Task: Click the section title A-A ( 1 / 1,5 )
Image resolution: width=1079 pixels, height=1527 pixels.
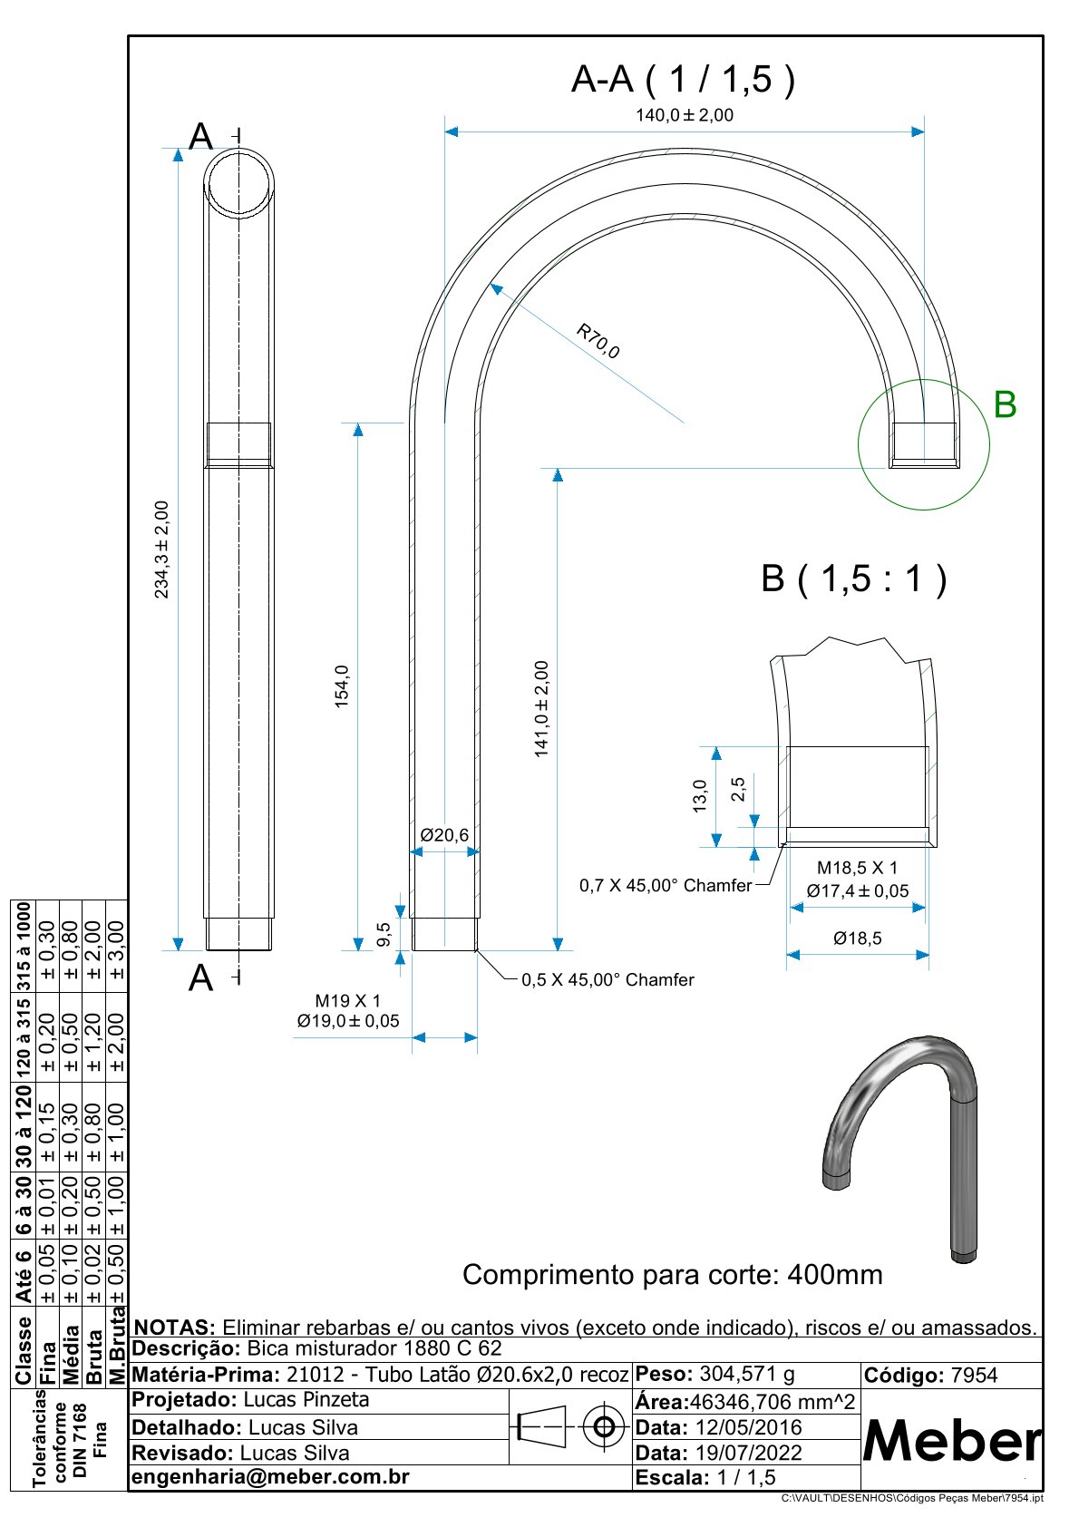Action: [683, 80]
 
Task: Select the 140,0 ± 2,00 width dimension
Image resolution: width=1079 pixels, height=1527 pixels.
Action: [684, 115]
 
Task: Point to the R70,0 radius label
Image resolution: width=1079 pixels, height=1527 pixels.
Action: [598, 341]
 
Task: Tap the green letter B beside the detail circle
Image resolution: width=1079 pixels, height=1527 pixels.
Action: [1005, 404]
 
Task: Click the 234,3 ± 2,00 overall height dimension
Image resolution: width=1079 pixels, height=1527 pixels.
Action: [162, 550]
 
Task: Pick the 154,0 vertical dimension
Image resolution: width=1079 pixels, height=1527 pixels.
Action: [342, 686]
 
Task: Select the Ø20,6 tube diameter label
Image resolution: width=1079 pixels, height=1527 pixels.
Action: [444, 834]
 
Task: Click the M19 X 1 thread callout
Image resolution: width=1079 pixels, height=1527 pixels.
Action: [347, 1001]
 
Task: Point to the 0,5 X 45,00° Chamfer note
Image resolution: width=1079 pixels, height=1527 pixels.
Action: [608, 980]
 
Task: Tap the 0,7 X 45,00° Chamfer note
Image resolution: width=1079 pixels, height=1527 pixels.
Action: [666, 885]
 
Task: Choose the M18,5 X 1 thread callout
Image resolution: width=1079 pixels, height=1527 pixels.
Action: [857, 868]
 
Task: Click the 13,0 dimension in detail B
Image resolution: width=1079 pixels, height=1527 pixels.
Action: [699, 796]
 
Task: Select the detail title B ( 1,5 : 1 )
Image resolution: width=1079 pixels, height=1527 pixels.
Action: [853, 579]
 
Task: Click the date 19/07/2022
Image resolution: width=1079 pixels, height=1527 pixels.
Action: [748, 1453]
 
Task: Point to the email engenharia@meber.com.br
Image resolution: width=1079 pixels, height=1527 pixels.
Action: [270, 1477]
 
